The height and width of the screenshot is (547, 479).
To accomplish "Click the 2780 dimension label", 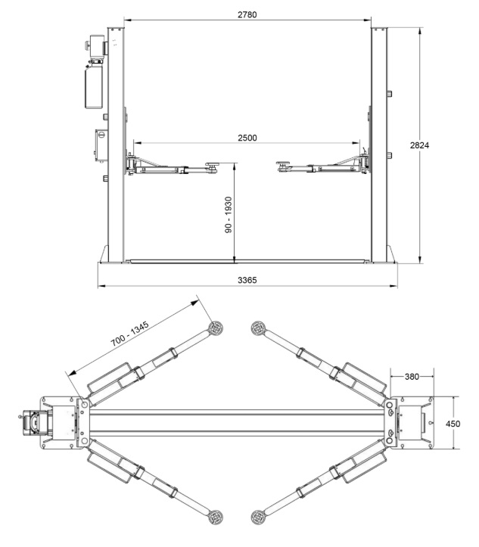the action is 247,14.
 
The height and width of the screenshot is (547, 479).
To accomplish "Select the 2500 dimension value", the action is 247,138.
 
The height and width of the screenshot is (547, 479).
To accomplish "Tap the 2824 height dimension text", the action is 419,145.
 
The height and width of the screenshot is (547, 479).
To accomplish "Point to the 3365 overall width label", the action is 247,280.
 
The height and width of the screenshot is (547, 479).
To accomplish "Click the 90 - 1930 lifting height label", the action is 229,215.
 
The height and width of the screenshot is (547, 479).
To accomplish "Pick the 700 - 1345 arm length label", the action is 130,334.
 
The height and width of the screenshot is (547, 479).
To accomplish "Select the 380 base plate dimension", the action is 412,377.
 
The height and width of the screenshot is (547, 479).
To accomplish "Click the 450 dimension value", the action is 453,424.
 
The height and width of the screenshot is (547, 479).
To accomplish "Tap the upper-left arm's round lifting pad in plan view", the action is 216,328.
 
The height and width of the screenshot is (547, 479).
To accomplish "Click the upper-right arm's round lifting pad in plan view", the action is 258,328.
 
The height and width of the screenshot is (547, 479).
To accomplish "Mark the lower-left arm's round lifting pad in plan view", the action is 216,517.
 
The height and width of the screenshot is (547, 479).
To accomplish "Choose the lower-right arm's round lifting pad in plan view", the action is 258,517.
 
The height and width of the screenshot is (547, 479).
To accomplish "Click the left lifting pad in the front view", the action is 212,165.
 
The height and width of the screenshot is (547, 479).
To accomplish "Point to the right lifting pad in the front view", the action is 283,164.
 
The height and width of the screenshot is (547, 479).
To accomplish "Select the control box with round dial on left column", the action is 101,145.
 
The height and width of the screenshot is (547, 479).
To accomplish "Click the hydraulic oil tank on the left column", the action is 94,87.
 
